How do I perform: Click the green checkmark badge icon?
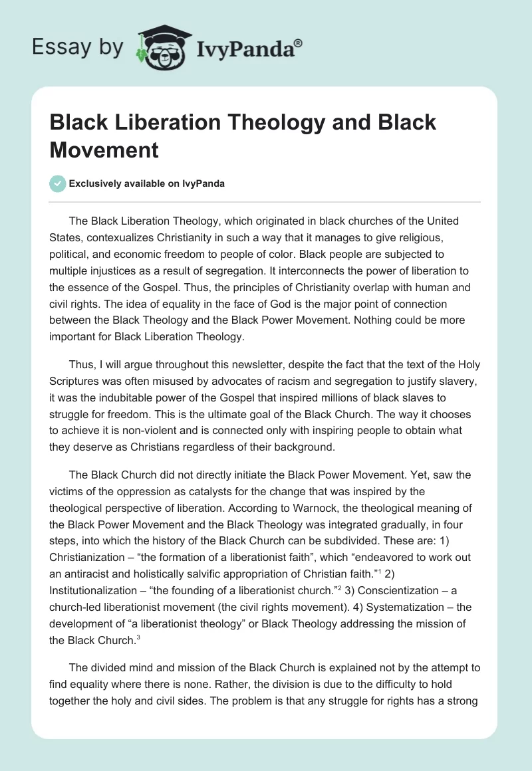59,183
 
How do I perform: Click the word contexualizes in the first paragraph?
119,238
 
